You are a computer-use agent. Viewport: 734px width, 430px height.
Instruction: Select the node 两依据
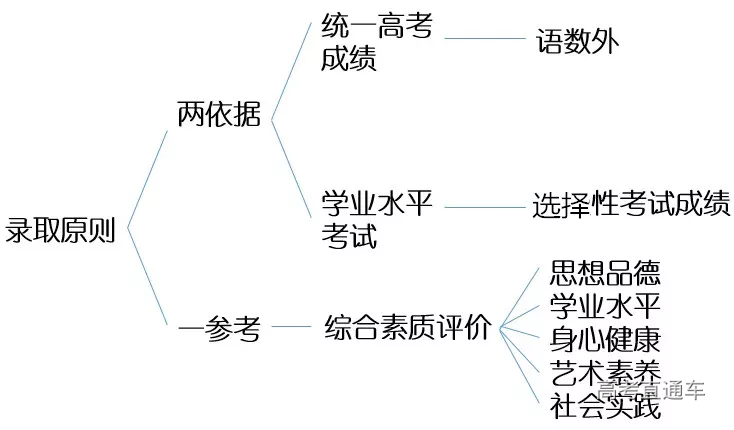pyautogui.click(x=219, y=114)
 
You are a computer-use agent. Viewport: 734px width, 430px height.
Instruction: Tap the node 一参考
pyautogui.click(x=219, y=327)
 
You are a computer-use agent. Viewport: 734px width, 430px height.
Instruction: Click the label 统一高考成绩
pyautogui.click(x=376, y=42)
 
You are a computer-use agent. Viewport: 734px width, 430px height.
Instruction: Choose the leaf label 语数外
pyautogui.click(x=578, y=41)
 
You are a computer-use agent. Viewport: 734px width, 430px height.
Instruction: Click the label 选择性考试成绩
pyautogui.click(x=631, y=205)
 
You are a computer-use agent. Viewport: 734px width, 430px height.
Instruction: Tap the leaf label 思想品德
pyautogui.click(x=605, y=272)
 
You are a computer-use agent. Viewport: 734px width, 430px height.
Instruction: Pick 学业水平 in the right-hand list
pyautogui.click(x=605, y=304)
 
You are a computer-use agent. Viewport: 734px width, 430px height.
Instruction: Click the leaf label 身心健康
pyautogui.click(x=605, y=337)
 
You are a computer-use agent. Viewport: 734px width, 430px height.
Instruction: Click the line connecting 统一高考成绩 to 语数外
pyautogui.click(x=484, y=39)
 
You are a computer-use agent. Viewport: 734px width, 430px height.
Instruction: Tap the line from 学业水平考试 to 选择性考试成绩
pyautogui.click(x=484, y=207)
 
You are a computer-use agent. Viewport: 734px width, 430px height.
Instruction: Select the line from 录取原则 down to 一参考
pyautogui.click(x=149, y=279)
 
